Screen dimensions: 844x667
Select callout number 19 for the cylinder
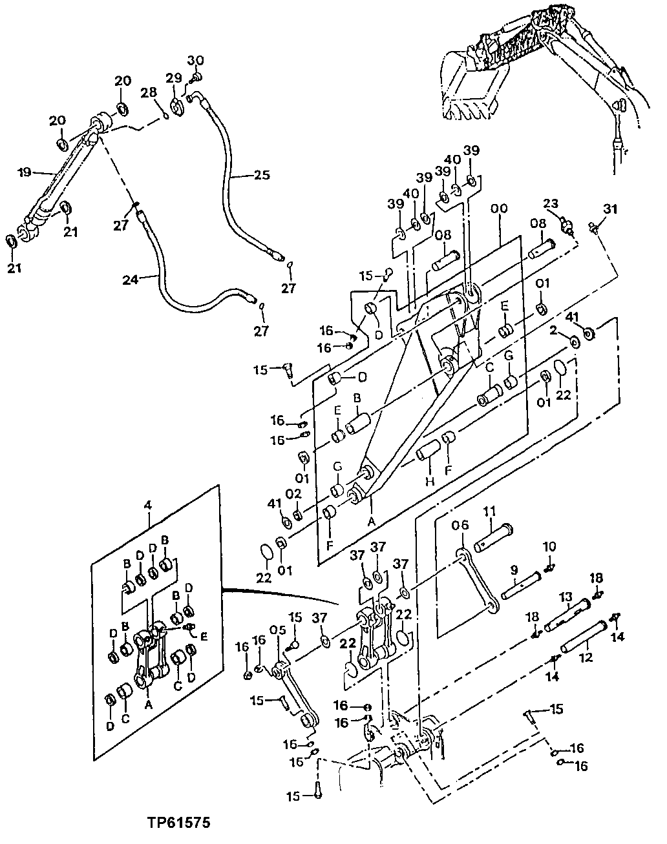24,172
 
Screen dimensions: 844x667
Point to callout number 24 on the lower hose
131,280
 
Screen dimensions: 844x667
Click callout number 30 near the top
195,61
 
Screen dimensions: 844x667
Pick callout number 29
173,78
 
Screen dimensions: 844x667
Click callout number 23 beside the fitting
551,203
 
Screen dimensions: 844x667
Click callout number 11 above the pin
490,511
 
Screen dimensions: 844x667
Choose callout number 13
566,595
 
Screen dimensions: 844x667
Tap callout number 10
549,547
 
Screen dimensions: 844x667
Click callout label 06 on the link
459,526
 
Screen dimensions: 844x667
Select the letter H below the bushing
430,482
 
